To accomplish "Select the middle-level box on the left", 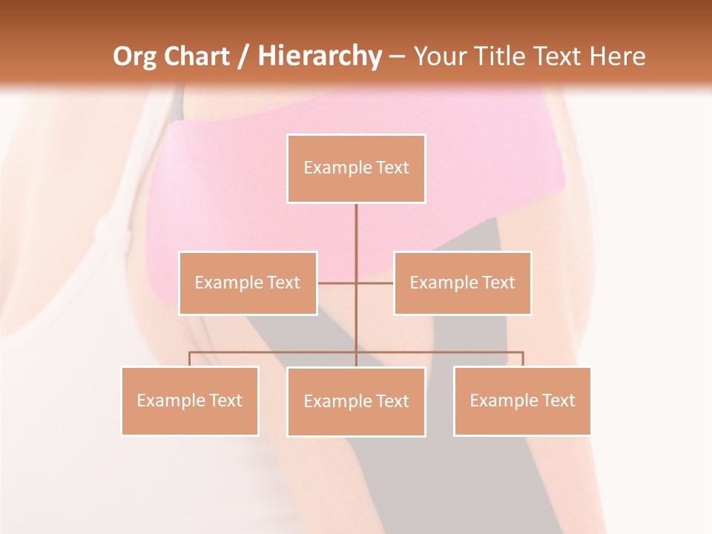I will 248,283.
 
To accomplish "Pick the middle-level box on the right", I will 462,283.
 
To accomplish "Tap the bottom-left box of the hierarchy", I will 190,400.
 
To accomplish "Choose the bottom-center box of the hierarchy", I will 356,401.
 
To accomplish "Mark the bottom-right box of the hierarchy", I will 522,400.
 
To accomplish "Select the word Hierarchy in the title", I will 319,56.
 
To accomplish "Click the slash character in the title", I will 243,57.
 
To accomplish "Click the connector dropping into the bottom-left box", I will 190,359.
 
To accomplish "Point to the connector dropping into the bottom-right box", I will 522,359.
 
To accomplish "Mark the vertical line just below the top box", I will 356,222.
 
